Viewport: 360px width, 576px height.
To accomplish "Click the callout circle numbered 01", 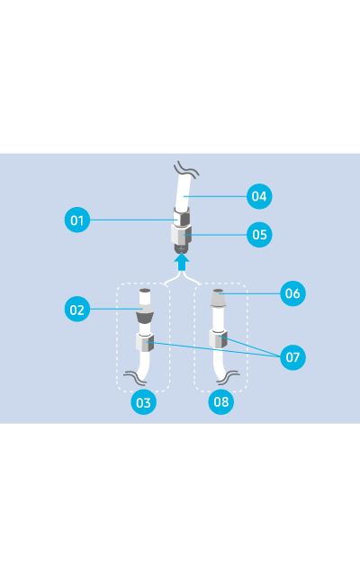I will point(78,220).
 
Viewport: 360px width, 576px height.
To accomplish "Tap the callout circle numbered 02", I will point(78,310).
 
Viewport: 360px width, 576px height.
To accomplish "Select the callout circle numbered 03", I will point(143,402).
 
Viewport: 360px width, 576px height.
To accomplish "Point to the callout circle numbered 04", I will point(259,195).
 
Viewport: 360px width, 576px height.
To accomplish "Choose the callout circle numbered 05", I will point(259,235).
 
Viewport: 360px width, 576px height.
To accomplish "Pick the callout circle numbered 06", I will point(292,293).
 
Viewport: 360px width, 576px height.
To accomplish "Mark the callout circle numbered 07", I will point(292,357).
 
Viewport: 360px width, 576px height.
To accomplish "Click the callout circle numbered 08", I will point(220,402).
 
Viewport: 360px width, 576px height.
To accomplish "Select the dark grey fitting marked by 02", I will point(144,318).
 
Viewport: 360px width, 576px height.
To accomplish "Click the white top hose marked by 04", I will point(182,194).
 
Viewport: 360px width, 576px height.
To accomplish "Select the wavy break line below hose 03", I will point(138,378).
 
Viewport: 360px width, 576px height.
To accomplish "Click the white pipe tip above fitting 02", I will point(144,297).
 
